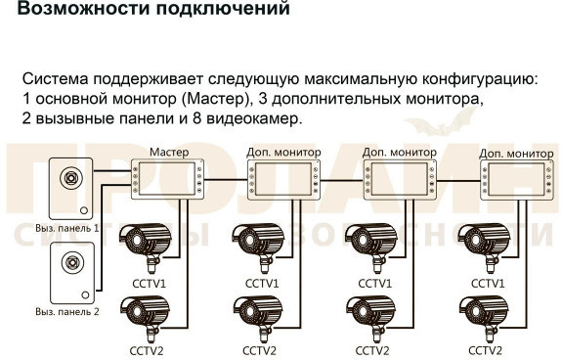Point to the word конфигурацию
tap(480, 80)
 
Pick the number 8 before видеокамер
tap(197, 118)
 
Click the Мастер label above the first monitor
tap(169, 152)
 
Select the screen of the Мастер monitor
tap(167, 179)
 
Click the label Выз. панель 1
tap(67, 228)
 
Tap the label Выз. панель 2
tap(67, 311)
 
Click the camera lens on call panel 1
tap(71, 178)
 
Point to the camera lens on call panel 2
tap(72, 262)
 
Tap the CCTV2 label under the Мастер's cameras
tap(147, 350)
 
